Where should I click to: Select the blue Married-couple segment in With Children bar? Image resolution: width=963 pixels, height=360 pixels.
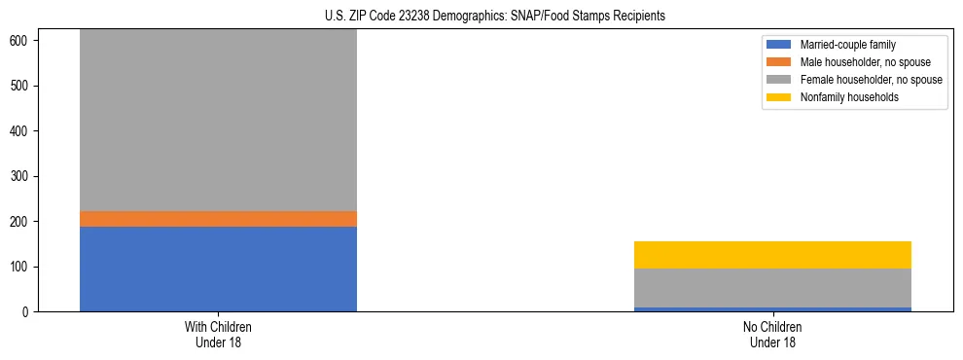218,269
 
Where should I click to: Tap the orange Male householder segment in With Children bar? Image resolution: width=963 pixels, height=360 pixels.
218,219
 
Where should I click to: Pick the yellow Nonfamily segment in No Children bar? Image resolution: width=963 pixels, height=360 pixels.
772,255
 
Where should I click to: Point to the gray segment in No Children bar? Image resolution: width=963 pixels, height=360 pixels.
772,288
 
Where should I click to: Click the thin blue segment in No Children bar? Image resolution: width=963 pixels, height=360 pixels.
772,309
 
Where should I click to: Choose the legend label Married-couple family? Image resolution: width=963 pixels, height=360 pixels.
847,45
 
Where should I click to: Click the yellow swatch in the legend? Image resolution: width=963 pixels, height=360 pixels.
779,97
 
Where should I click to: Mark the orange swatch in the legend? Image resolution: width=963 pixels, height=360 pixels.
779,62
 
